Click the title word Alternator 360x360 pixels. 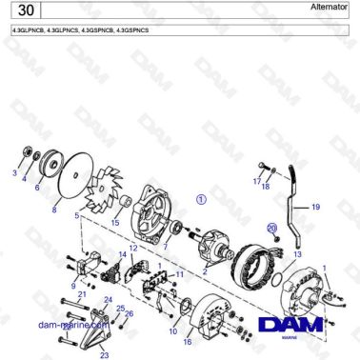330,8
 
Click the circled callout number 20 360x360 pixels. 271,229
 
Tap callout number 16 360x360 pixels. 188,340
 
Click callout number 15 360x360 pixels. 115,223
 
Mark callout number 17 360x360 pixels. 256,180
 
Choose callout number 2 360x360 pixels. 204,271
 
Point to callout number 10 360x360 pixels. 172,331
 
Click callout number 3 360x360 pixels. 14,173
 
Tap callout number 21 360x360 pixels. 82,295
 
